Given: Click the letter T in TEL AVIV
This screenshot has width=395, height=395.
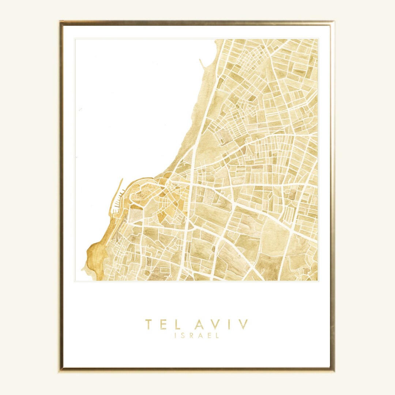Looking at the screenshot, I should [148, 324].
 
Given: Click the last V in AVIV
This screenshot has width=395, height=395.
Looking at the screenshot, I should [243, 324].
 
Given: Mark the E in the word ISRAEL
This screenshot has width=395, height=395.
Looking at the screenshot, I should [210, 335].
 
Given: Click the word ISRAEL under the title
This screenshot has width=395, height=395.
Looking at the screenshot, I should [197, 335].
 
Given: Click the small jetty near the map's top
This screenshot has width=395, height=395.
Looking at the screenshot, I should [202, 64].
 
